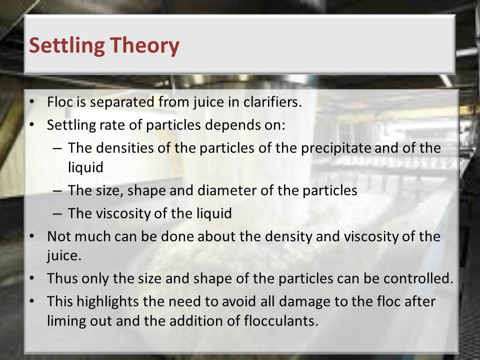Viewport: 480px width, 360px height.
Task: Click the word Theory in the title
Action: (144, 46)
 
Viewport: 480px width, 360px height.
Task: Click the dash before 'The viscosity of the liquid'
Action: (57, 213)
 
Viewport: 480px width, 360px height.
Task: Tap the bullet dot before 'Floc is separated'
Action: (31, 102)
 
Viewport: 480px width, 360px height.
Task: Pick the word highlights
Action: (107, 302)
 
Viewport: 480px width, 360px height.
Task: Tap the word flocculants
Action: (281, 321)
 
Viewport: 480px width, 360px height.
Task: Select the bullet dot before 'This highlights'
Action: (31, 301)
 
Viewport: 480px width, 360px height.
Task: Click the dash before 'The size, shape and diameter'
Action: (57, 190)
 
